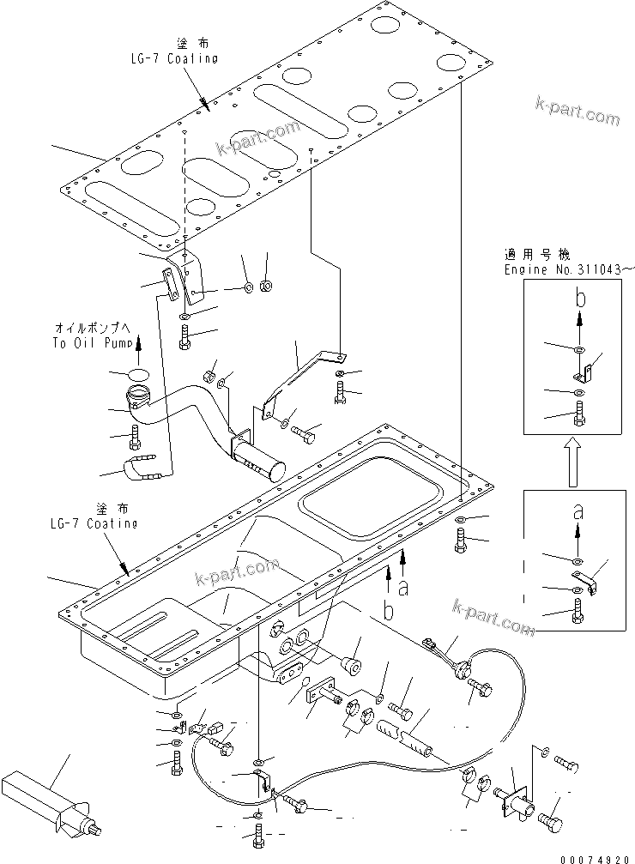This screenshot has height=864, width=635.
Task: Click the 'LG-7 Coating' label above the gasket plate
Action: coord(168,58)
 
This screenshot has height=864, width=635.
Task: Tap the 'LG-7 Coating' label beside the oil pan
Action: coord(93,523)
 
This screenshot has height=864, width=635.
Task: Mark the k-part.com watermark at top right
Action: coord(576,112)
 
